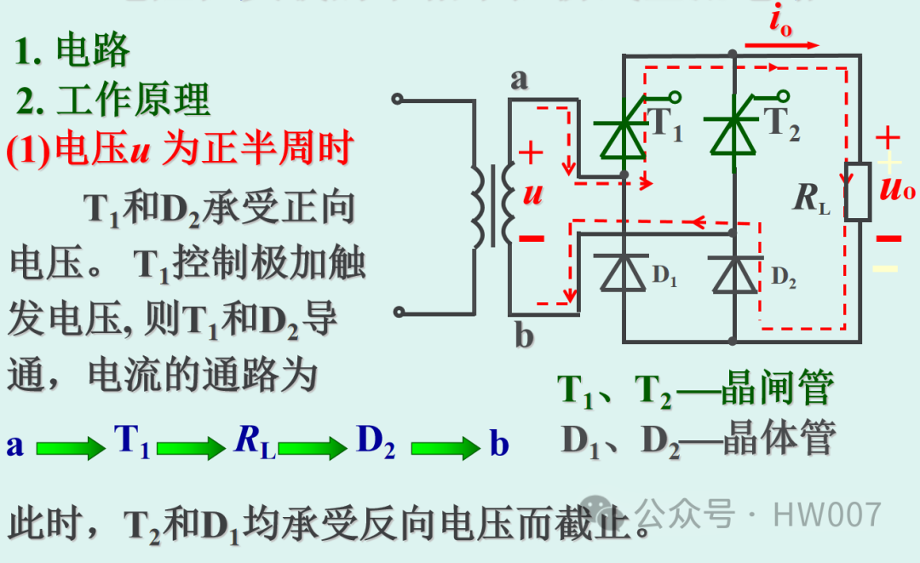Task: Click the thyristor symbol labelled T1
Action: (x=624, y=136)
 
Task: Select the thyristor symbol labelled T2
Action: (x=733, y=136)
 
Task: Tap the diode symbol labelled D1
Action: (x=624, y=273)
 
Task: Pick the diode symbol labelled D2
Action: (x=733, y=273)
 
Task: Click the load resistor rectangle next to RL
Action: (x=857, y=191)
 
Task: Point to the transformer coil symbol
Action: (x=493, y=205)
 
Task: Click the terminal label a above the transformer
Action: (x=520, y=79)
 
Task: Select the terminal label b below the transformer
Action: (x=523, y=336)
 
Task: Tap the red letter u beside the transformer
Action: (x=532, y=193)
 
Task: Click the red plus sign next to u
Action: (x=531, y=153)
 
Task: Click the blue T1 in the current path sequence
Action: (x=131, y=443)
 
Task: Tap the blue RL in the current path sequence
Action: (x=253, y=444)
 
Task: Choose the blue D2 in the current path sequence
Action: (x=376, y=443)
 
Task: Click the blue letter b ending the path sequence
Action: (x=499, y=444)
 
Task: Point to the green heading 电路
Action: (x=93, y=52)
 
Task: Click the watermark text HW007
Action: (x=826, y=514)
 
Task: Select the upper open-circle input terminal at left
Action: (x=397, y=99)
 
